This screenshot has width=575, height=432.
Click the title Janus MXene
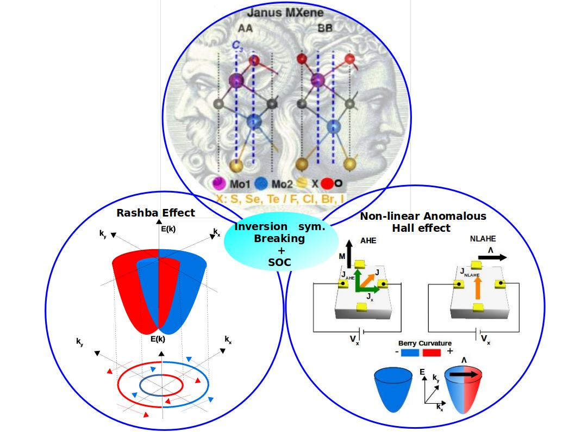pyautogui.click(x=285, y=13)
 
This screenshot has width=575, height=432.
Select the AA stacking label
pyautogui.click(x=245, y=28)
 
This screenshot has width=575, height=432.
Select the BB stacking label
pyautogui.click(x=325, y=28)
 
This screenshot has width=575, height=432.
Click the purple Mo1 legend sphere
pyautogui.click(x=220, y=183)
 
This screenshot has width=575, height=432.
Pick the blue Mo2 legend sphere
pyautogui.click(x=261, y=183)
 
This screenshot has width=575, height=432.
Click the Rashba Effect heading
pyautogui.click(x=156, y=213)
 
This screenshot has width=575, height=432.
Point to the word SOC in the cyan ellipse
pyautogui.click(x=279, y=262)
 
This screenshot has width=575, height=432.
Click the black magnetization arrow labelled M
pyautogui.click(x=349, y=253)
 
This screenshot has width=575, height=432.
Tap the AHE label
pyautogui.click(x=368, y=241)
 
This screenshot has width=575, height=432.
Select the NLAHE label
pyautogui.click(x=483, y=239)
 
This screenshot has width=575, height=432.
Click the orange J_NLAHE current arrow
pyautogui.click(x=477, y=288)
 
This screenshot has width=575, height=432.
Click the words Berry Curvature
pyautogui.click(x=424, y=343)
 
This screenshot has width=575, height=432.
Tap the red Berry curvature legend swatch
pyautogui.click(x=432, y=353)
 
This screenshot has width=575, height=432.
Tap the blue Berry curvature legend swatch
pyautogui.click(x=410, y=353)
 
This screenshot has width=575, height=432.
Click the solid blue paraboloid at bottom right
pyautogui.click(x=393, y=390)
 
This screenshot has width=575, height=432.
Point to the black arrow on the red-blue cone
pyautogui.click(x=465, y=374)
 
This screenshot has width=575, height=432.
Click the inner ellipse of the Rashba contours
pyautogui.click(x=161, y=385)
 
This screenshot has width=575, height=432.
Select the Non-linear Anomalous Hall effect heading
pyautogui.click(x=423, y=222)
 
